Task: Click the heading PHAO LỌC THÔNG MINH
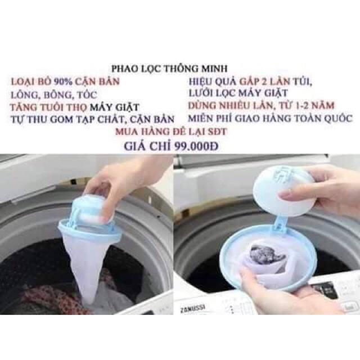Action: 169,69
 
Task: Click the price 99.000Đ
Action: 196,146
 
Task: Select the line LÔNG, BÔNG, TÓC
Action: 54,94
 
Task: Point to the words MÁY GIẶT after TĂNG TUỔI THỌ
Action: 114,107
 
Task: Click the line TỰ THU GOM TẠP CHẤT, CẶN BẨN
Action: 92,119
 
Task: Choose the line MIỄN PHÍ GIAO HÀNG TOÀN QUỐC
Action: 270,119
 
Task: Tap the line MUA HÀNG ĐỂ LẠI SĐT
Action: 171,132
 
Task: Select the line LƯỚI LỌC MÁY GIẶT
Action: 238,93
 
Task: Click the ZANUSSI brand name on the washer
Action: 192,308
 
